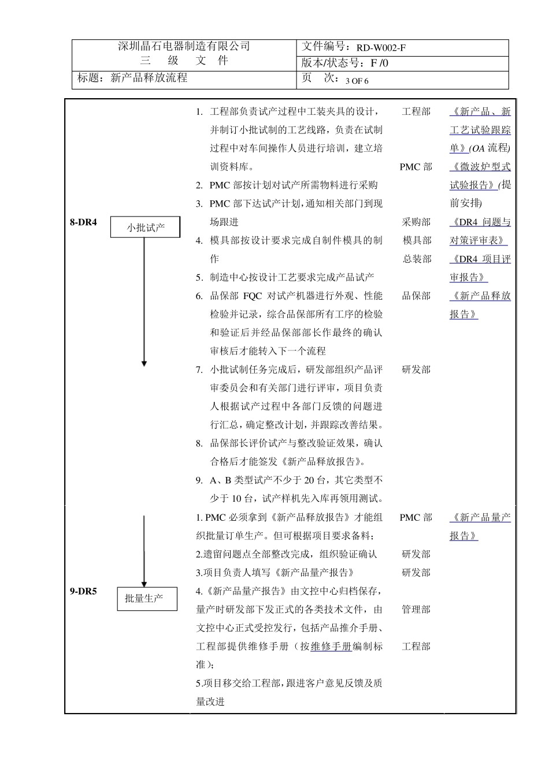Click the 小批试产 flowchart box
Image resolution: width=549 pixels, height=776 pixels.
pos(146,227)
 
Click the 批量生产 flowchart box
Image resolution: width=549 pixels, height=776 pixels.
pos(147,599)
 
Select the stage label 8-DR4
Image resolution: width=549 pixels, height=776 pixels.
pos(83,222)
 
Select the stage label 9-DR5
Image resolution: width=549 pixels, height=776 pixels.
pos(83,591)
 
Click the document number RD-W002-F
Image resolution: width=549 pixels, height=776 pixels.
pos(381,48)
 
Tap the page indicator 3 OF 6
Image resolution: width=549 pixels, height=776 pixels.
pos(357,81)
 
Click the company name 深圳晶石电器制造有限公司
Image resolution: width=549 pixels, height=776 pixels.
pos(184,47)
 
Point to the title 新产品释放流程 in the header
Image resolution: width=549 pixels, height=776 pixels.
pos(149,78)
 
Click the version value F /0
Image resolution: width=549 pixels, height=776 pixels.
pos(380,64)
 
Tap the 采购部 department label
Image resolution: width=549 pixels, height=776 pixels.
pos(417,222)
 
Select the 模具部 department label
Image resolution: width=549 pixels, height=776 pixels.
pos(417,240)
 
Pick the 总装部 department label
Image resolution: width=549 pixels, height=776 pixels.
pos(417,259)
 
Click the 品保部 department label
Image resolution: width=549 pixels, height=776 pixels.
pos(417,296)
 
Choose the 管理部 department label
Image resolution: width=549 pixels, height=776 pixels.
pos(417,609)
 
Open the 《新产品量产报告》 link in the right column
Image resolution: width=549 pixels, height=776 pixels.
pos(480,526)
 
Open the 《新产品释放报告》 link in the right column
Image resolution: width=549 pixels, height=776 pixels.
pos(480,304)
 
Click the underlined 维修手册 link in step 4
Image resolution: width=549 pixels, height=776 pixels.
pos(331,647)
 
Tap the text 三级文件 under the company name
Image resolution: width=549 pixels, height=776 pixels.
pos(184,61)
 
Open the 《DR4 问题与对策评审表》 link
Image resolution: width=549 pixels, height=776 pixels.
pos(480,231)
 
